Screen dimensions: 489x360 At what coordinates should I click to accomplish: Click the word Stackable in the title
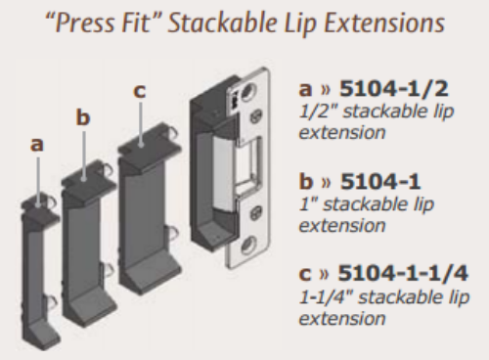point(222,22)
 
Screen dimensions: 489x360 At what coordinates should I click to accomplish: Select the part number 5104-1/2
point(394,89)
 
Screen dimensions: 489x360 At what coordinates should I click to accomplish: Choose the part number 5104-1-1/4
point(403,273)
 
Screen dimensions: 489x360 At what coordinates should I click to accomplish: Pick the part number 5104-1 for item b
point(380,181)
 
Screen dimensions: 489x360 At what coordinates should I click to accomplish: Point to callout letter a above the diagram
point(36,145)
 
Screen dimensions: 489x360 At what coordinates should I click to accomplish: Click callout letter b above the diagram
point(83,117)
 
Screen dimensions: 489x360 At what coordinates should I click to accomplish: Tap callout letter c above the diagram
point(139,91)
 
